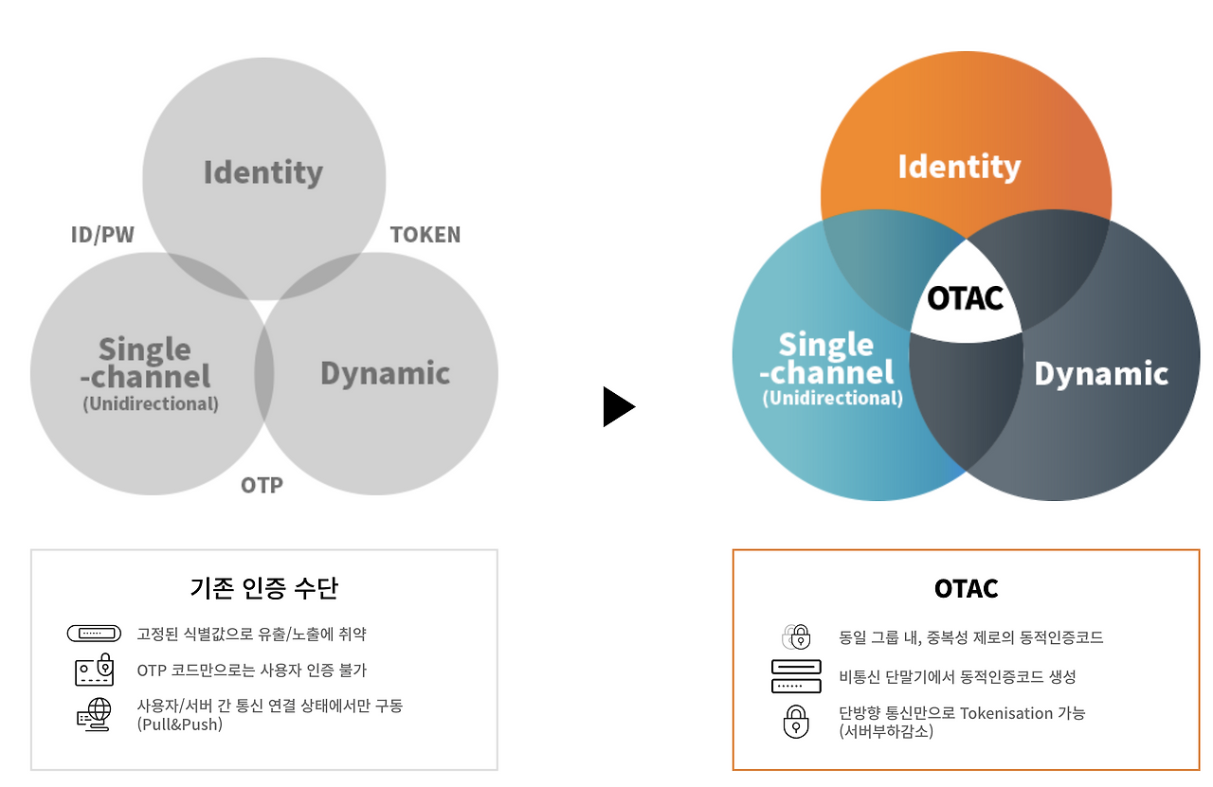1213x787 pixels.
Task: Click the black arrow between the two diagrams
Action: (618, 407)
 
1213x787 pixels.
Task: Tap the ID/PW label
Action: (102, 235)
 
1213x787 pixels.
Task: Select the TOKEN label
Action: (425, 234)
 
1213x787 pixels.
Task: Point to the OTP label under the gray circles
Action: (262, 485)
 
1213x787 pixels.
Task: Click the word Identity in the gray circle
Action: (263, 172)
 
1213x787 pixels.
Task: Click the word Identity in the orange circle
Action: (959, 167)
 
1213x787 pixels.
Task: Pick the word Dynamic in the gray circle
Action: (385, 373)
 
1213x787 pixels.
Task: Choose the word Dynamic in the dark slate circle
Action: (1101, 373)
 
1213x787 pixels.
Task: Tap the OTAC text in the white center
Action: (966, 298)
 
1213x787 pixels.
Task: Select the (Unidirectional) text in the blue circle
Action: (833, 398)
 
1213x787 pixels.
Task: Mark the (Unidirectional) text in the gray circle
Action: (151, 403)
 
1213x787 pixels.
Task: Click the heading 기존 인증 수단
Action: (263, 588)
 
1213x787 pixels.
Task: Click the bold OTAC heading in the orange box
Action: (966, 588)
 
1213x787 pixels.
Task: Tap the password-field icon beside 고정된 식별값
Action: (94, 633)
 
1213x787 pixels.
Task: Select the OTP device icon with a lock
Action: (94, 671)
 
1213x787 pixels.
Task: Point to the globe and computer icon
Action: (94, 712)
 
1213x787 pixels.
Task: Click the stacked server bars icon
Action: (796, 676)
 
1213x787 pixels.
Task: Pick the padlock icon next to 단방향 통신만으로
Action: (796, 723)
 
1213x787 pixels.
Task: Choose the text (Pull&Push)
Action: (180, 724)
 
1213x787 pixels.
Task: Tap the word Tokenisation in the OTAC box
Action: (1002, 713)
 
